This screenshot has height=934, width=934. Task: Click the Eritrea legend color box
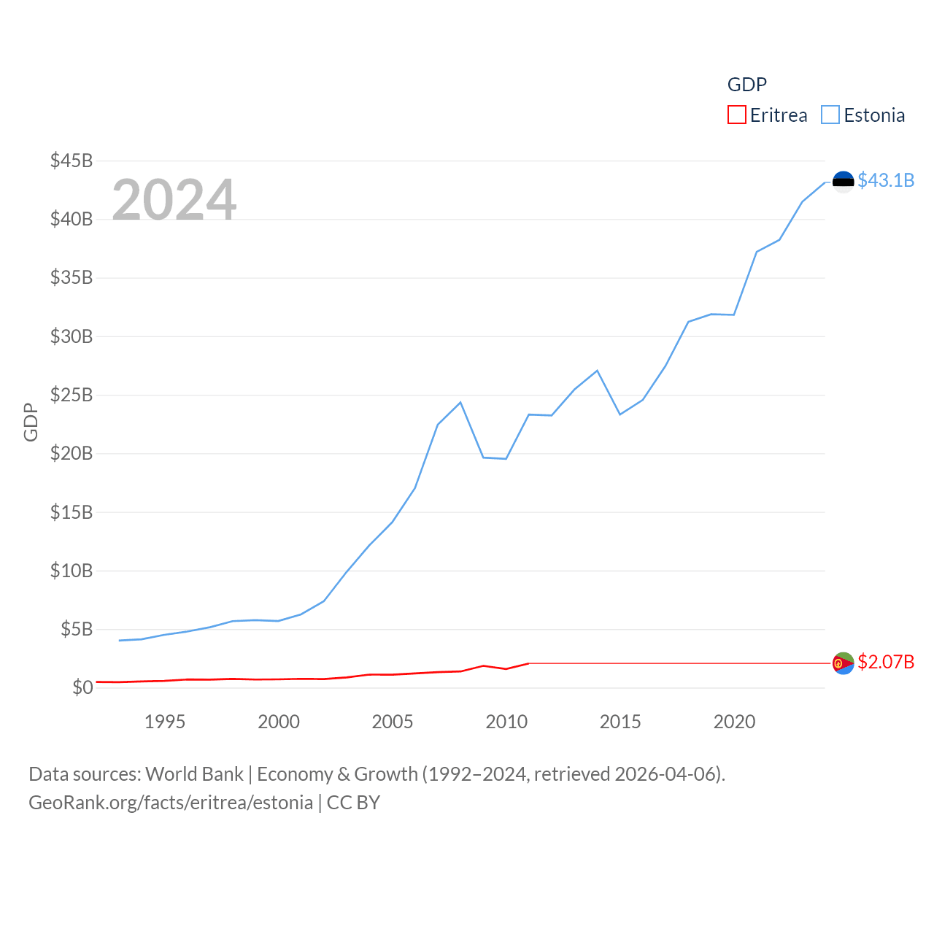coord(737,115)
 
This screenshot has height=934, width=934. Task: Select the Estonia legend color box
coord(830,115)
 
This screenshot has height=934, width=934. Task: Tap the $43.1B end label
coord(886,180)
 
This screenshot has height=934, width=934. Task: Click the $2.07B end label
coord(886,662)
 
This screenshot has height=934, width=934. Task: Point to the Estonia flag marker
coord(844,182)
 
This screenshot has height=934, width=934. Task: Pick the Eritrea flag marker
coord(844,663)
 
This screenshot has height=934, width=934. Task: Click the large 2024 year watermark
coord(174,199)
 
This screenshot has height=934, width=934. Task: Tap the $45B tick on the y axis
coord(72,161)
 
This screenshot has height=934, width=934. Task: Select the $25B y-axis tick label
coord(72,395)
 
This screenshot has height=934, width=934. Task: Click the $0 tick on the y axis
coord(82,687)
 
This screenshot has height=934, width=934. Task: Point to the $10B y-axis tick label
coord(72,571)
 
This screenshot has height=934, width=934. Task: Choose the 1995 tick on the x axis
coord(165,722)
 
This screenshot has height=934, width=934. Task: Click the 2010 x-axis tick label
coord(506,722)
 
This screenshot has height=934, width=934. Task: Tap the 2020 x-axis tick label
coord(734,722)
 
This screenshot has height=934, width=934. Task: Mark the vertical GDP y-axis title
coord(31,422)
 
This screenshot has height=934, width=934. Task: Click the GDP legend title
coord(747,85)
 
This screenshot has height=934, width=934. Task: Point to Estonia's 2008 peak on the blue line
coord(460,402)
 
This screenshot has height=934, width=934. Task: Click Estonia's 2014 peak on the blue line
coord(598,371)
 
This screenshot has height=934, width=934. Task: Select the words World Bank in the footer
coord(194,774)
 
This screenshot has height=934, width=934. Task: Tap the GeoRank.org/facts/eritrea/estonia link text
coord(171,803)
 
